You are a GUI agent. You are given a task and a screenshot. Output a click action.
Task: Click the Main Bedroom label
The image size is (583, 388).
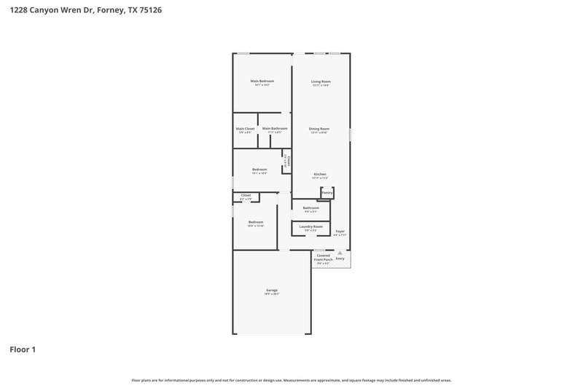[262, 81]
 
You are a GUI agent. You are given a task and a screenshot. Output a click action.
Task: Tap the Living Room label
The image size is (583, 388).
[321, 81]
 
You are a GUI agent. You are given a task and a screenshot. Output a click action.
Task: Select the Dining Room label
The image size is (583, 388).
[319, 129]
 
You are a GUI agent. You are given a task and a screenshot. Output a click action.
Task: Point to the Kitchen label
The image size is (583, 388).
[320, 174]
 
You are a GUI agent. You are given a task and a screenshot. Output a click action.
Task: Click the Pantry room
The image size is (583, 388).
[327, 192]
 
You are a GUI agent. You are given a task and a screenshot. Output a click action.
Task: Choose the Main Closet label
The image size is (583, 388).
[244, 129]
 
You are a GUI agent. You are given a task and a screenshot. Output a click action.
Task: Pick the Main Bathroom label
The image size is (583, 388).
[275, 129]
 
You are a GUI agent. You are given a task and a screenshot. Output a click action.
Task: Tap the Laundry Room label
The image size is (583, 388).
[311, 226]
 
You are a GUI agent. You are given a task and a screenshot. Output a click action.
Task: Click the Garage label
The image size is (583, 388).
[272, 290]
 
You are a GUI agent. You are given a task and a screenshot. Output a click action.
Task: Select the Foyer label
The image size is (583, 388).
[340, 231]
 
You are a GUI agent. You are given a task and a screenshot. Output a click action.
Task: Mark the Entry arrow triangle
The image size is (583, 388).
[340, 253]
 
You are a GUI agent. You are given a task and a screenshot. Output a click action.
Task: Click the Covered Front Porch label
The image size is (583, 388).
[323, 257]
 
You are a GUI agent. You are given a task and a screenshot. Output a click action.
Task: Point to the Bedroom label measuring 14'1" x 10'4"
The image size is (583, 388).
[259, 170]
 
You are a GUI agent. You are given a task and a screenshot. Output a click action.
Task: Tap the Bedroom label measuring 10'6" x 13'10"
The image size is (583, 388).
[255, 222]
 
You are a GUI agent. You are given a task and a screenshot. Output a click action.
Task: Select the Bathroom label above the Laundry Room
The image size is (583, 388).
[311, 207]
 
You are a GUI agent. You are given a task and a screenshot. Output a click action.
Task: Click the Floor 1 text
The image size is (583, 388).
[23, 349]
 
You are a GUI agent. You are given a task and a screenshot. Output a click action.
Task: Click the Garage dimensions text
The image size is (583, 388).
[272, 295]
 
